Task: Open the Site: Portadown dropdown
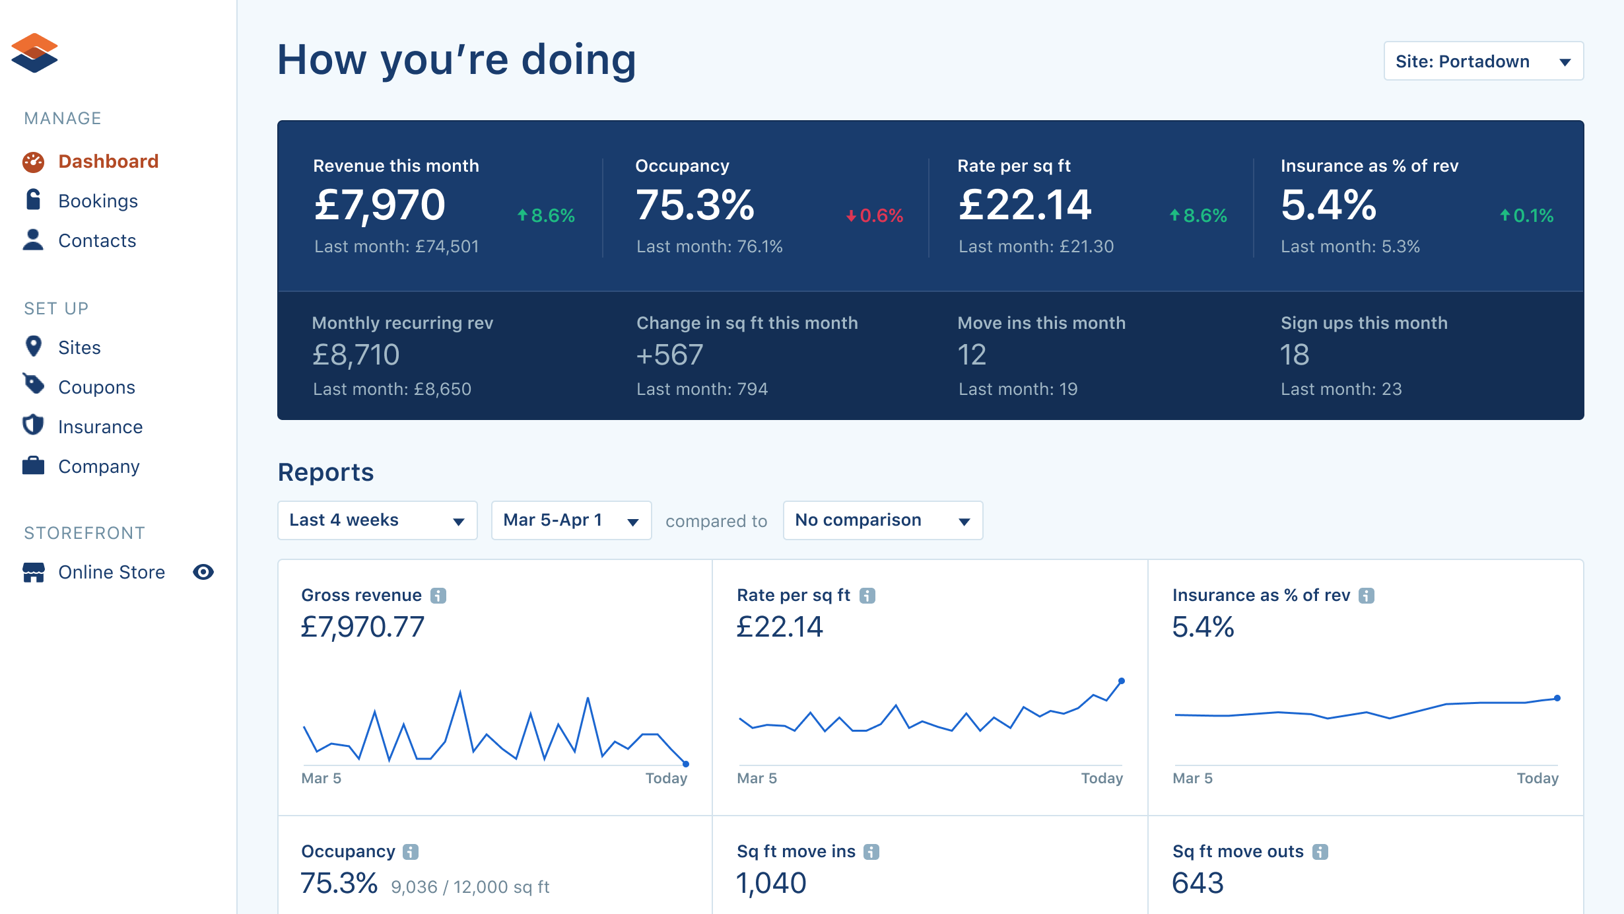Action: click(1483, 61)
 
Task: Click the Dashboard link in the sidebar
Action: click(108, 162)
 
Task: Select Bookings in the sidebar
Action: click(98, 201)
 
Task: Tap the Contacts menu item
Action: click(97, 241)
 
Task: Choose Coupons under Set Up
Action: click(96, 388)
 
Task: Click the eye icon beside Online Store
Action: click(203, 572)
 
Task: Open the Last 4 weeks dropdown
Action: click(377, 520)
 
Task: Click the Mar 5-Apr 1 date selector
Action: click(571, 520)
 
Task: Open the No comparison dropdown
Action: click(882, 520)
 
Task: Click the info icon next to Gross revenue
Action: click(438, 596)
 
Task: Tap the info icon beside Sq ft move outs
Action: click(1320, 852)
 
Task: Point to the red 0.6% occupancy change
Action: click(875, 216)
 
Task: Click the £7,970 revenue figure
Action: click(380, 205)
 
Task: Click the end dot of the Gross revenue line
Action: click(686, 764)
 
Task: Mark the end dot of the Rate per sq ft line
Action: click(1122, 681)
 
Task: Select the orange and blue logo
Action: click(34, 53)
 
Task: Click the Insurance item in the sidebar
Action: click(100, 427)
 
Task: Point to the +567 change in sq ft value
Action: click(669, 355)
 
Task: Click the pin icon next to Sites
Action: click(33, 346)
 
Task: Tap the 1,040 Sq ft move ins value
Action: click(771, 884)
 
